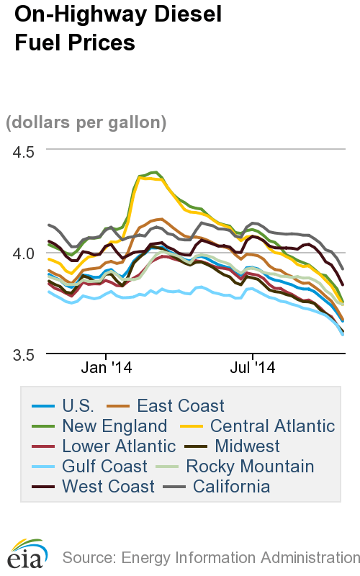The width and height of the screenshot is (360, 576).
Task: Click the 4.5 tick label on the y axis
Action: tap(26, 152)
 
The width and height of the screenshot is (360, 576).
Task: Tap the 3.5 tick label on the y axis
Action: tap(26, 355)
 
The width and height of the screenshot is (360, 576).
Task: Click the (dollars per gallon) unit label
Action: tap(86, 122)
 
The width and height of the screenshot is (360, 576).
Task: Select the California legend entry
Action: tap(226, 487)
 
